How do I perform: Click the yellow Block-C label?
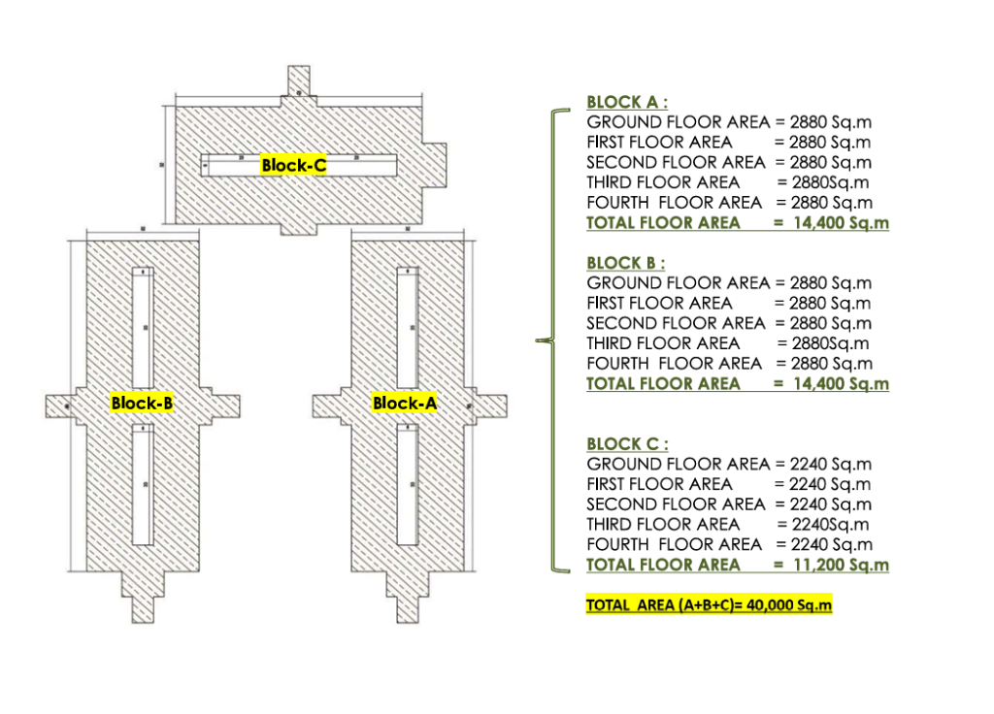[293, 166]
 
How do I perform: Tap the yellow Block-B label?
[142, 403]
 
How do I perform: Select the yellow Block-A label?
[404, 403]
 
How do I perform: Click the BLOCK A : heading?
[626, 102]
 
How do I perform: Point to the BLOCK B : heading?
[626, 263]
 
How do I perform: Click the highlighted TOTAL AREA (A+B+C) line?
[710, 605]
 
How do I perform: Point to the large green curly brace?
[549, 341]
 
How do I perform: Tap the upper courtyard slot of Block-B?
[143, 325]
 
